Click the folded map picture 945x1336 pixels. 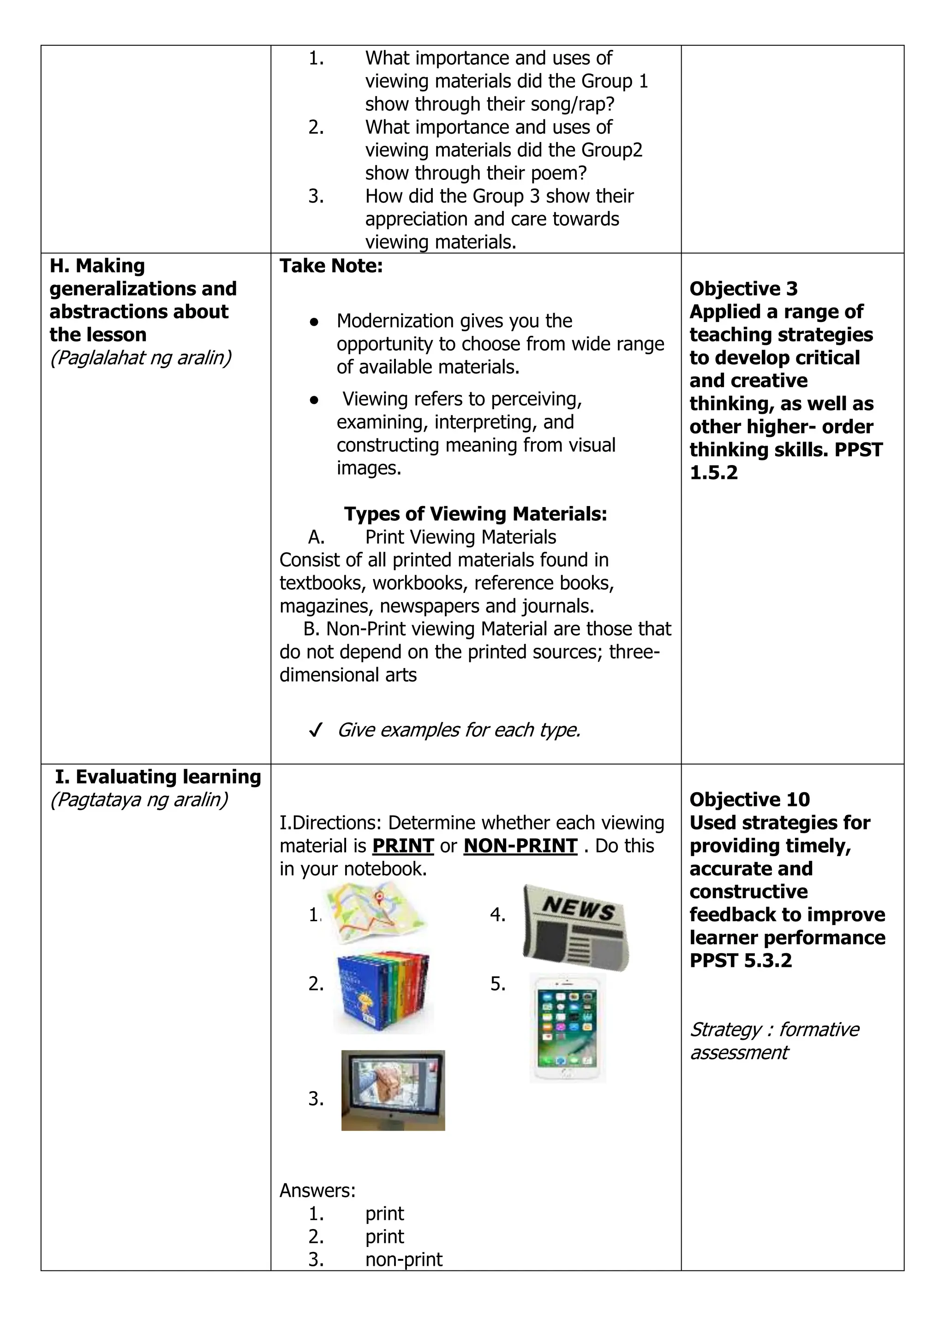tap(375, 912)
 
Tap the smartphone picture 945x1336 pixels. tap(568, 1027)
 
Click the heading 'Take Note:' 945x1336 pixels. tap(331, 266)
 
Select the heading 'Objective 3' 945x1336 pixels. tap(743, 289)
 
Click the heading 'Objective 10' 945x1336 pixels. tap(749, 799)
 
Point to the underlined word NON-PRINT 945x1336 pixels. tap(520, 846)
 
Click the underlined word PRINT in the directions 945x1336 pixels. tap(403, 846)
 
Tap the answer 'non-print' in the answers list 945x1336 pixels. tap(403, 1259)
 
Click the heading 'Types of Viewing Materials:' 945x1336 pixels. tap(475, 514)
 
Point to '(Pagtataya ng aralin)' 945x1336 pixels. tap(139, 799)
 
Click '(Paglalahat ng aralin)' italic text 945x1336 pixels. tap(140, 358)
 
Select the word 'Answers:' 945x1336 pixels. tap(317, 1191)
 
